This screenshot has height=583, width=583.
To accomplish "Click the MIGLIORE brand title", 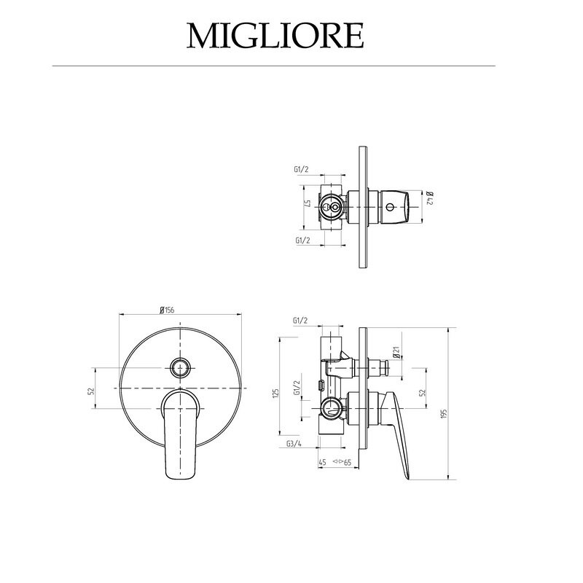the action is coord(275,36).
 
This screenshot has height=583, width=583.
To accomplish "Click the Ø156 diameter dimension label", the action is coord(167,310).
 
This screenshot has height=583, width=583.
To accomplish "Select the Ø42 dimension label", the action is coord(429,198).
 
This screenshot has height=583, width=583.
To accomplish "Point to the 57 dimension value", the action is coord(308,203).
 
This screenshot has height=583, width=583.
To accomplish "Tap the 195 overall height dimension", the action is coord(443,414).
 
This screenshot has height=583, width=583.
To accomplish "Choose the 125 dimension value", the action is coord(275,394).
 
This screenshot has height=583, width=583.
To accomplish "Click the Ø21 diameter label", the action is coord(396,352).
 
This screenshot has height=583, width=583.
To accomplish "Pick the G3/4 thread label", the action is coord(294,444).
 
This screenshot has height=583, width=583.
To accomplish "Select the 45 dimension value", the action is coord(322,463).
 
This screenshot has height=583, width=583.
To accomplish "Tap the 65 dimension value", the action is coord(348,463).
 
